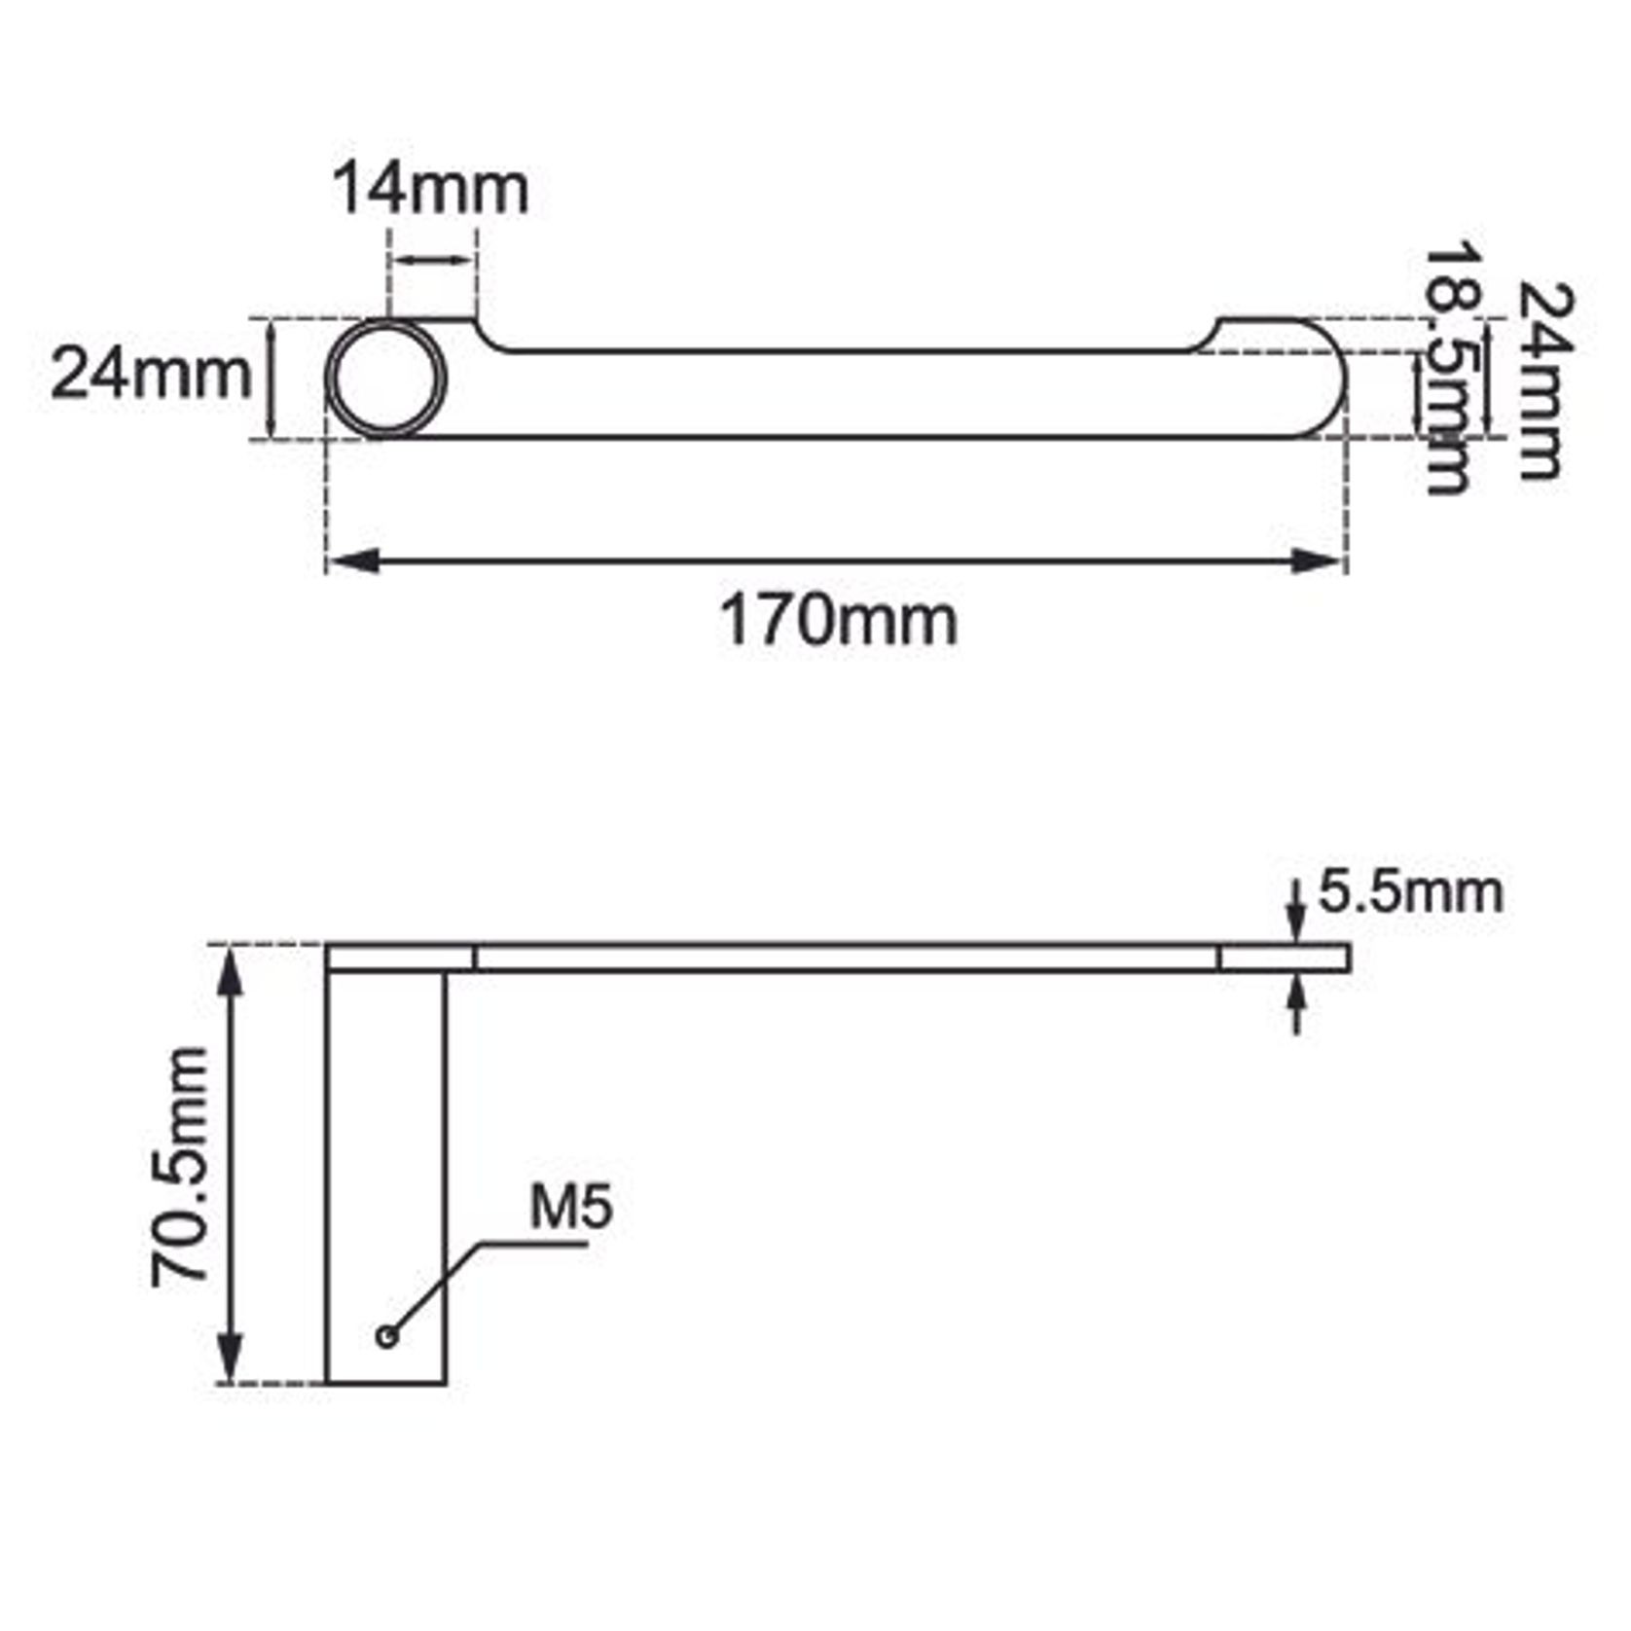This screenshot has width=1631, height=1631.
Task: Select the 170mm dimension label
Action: click(x=838, y=621)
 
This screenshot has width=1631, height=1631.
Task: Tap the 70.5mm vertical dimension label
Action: click(x=181, y=1166)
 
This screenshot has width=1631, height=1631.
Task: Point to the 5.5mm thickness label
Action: click(x=1410, y=892)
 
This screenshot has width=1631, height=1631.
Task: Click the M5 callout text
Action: click(x=571, y=1207)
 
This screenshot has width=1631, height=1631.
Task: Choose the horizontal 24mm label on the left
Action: click(x=151, y=374)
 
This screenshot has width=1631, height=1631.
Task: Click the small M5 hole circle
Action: click(x=387, y=1336)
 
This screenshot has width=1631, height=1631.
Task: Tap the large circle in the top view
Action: click(x=386, y=379)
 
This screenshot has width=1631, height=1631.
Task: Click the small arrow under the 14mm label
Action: click(x=433, y=260)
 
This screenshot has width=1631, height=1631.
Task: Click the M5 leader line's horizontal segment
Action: click(x=535, y=1243)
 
